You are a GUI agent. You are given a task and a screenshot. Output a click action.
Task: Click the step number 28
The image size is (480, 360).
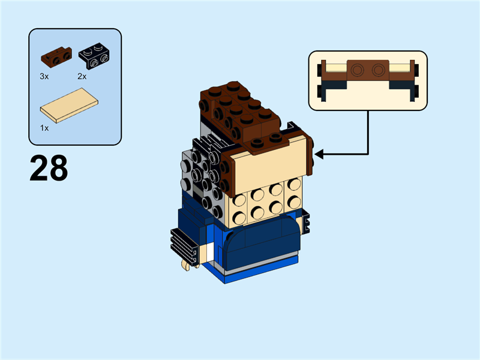49,169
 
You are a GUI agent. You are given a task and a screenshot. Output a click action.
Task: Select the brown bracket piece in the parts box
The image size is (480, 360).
56,56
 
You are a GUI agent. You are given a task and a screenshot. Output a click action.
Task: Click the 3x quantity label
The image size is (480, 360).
44,77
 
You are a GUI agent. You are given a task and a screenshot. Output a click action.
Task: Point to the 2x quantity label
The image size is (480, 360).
82,77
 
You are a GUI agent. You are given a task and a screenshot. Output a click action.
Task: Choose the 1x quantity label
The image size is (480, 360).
44,128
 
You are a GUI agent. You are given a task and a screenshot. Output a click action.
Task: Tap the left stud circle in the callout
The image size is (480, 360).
358,70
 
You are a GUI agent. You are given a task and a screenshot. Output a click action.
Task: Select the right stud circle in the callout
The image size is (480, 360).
378,70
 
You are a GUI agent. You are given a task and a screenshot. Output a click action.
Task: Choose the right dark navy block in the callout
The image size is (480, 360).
402,90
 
